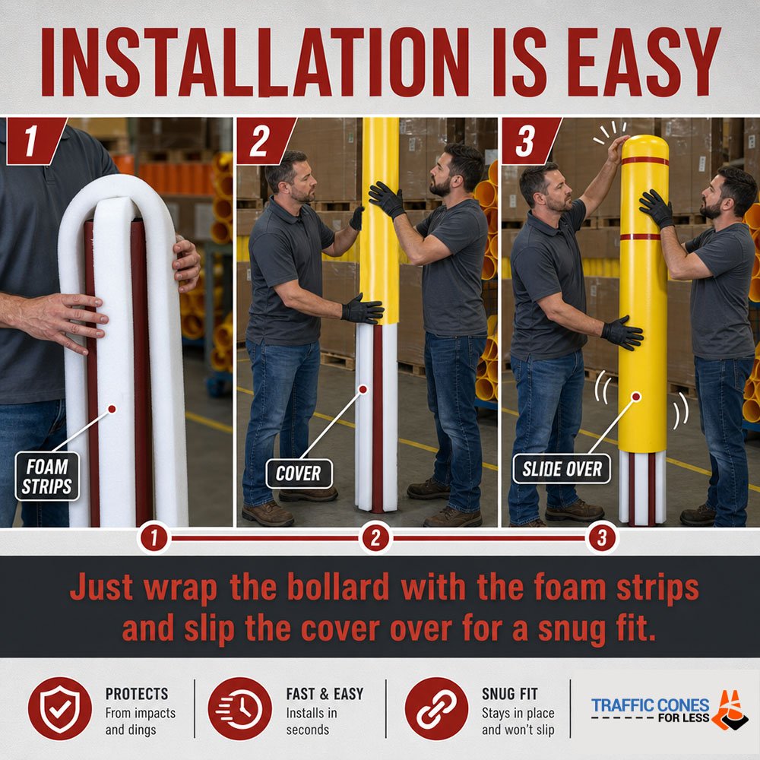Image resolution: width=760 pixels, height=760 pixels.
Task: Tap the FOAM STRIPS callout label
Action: pos(47,477)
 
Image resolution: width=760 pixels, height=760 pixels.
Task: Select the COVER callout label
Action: pos(299,473)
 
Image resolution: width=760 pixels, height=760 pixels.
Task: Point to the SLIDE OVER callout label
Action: pos(562,469)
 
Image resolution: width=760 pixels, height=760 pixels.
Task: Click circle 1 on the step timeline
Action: pos(154,538)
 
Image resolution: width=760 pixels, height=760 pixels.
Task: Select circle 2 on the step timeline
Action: pos(375,538)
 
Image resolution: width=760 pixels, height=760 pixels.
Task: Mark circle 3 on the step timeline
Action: pos(601,538)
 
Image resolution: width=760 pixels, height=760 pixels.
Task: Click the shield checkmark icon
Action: pos(59,708)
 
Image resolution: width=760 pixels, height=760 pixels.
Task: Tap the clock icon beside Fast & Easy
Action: pos(240,708)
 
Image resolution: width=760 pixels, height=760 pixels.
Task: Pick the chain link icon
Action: pos(436,708)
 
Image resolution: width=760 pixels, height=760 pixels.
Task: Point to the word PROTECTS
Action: pos(137,694)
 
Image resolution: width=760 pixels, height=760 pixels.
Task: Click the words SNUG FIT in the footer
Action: pos(510,694)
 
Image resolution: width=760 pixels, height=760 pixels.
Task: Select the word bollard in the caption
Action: pos(338,587)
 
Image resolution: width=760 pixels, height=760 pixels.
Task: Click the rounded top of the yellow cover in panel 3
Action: pos(644,145)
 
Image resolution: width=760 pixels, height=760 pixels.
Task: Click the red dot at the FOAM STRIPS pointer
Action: pos(112,409)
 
